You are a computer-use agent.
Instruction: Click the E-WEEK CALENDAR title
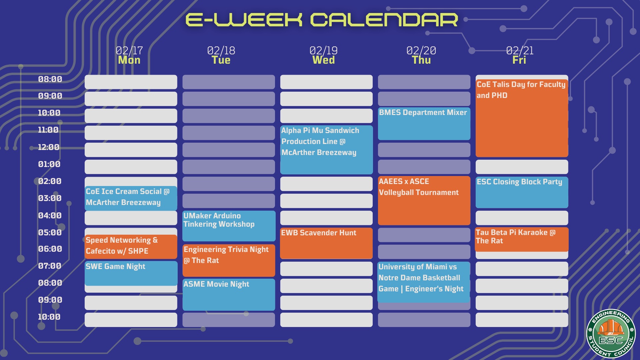(322, 20)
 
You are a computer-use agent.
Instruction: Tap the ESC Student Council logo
(611, 333)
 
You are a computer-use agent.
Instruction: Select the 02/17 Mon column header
(129, 55)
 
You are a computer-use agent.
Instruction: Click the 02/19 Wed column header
(323, 55)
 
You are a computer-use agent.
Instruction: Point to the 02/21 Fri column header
(520, 55)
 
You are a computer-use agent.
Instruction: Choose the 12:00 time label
(49, 147)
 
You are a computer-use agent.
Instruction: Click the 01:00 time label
(49, 164)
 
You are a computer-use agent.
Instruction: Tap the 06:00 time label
(50, 249)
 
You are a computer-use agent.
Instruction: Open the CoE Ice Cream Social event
(131, 198)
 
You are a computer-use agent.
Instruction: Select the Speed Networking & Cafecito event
(131, 247)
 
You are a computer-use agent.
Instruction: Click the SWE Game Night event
(131, 273)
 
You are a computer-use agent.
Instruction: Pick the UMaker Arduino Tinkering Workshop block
(229, 226)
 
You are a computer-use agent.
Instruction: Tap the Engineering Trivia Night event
(229, 260)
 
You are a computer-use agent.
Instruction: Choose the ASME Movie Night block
(229, 295)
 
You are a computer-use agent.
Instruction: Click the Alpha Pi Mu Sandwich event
(327, 150)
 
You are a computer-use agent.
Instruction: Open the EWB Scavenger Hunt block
(326, 243)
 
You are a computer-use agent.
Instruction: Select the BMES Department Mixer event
(424, 124)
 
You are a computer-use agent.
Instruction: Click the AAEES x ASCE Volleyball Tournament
(424, 200)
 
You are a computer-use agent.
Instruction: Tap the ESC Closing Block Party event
(522, 192)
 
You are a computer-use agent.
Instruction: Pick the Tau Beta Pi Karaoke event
(522, 239)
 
